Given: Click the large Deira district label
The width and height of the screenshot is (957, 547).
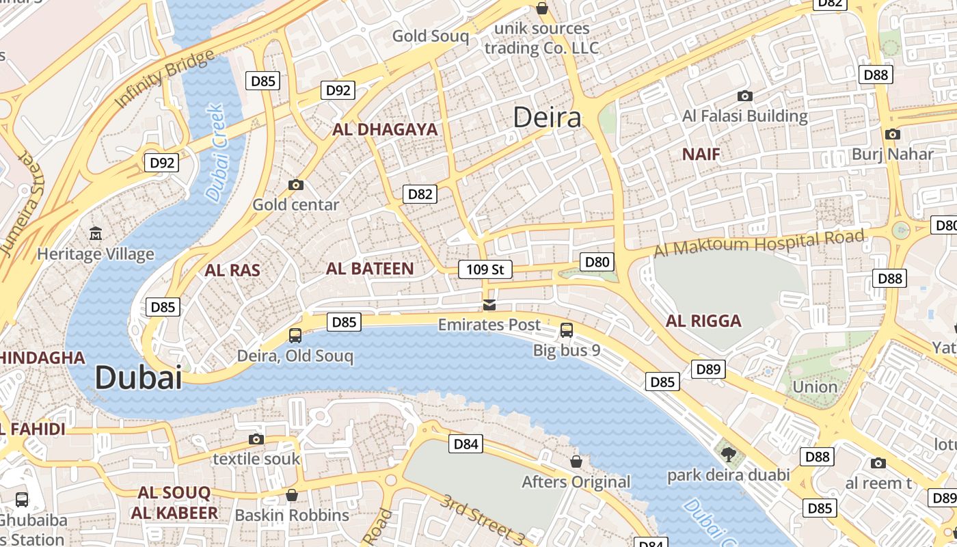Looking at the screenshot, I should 547,118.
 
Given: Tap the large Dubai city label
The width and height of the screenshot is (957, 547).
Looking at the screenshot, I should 138,377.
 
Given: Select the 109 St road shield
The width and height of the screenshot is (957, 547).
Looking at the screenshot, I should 485,269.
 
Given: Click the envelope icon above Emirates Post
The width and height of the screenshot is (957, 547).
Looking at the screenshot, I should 489,304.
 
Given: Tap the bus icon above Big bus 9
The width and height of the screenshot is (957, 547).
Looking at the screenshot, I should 566,330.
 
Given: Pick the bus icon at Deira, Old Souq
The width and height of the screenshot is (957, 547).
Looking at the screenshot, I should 295,336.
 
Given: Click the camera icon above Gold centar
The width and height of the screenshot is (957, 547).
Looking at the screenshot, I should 295,185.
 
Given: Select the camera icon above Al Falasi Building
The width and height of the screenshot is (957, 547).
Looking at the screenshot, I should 744,96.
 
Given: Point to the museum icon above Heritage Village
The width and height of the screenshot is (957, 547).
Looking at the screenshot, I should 96,234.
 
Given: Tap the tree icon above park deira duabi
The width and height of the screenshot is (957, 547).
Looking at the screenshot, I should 728,454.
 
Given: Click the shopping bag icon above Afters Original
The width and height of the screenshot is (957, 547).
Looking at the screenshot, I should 576,462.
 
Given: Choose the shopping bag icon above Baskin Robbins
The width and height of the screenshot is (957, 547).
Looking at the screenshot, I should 292,494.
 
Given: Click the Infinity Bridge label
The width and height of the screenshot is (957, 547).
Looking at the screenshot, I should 164,78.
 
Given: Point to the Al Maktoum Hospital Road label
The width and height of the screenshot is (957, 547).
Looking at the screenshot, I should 759,244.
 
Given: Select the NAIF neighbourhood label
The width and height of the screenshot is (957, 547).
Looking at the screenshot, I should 701,155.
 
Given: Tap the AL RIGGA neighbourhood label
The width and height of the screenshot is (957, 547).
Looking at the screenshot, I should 703,321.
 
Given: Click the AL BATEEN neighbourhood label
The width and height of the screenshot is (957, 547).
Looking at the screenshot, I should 370,269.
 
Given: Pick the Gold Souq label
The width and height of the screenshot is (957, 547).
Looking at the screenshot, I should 431,36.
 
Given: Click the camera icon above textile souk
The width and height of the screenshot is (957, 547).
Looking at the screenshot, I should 256,439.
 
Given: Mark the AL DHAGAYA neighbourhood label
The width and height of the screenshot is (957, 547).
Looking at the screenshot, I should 385,129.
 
